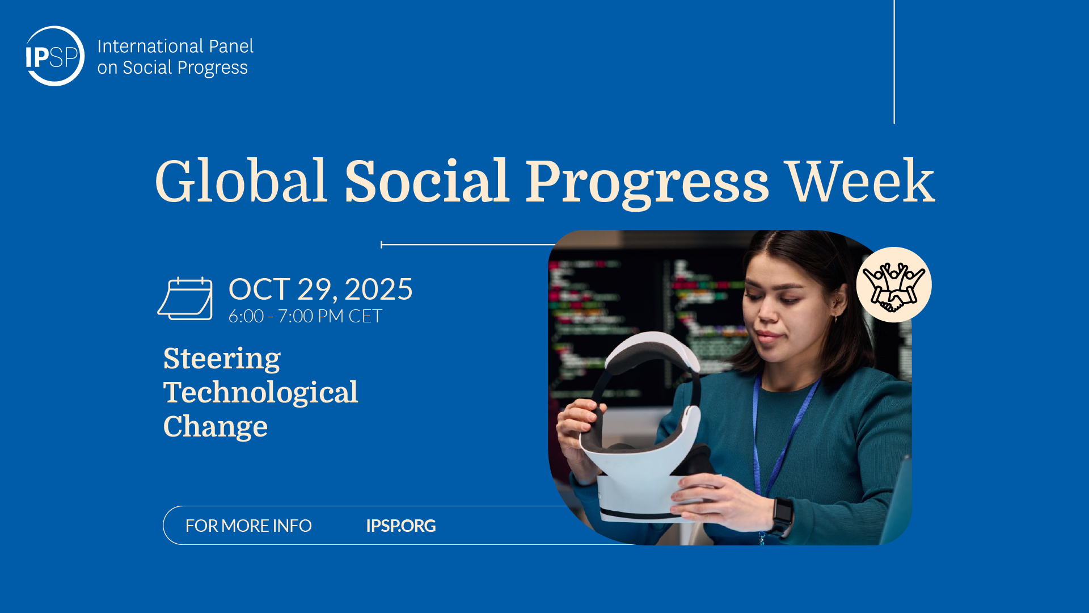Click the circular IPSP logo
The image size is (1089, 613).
[54, 56]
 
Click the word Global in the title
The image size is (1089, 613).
[241, 181]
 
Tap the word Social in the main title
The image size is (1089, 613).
[427, 181]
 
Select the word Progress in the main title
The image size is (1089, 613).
[647, 183]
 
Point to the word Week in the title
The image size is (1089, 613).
[860, 181]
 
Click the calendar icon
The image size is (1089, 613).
[185, 299]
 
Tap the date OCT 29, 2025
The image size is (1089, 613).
[320, 289]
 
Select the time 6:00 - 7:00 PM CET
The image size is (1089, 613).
[305, 316]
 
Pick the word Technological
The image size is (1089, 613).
[260, 392]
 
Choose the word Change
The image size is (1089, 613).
[215, 427]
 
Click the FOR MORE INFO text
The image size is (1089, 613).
[248, 526]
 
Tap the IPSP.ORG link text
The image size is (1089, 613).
[401, 526]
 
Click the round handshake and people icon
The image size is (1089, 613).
[894, 285]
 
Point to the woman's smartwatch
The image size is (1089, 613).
[782, 515]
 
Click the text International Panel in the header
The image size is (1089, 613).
[175, 46]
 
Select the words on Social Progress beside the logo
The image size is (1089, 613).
[172, 68]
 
